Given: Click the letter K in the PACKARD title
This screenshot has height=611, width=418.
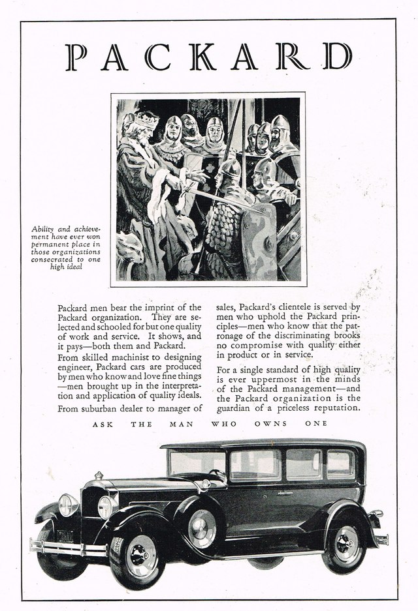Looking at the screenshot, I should coord(204,57).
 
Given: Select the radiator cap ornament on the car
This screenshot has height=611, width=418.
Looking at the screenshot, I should coord(99,475).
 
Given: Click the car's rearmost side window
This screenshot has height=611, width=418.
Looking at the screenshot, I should coord(340,464).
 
